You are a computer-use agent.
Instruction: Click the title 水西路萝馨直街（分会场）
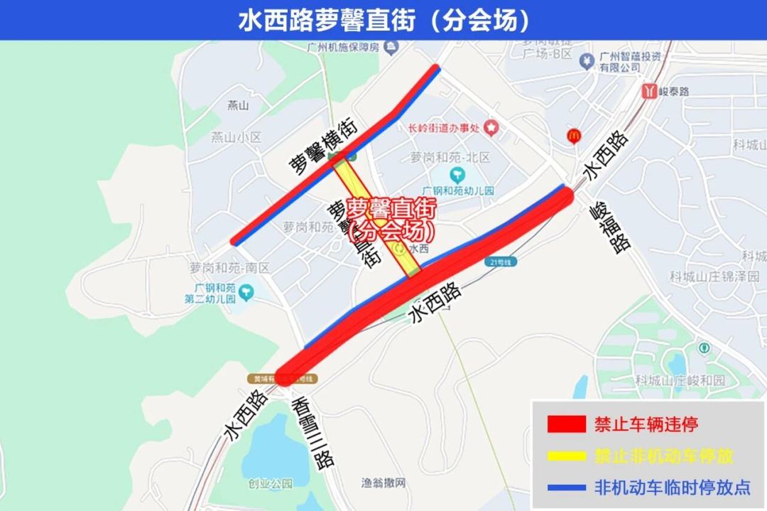click(x=383, y=20)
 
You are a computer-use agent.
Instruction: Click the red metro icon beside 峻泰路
click(x=648, y=91)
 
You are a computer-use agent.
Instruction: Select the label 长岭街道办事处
click(x=440, y=128)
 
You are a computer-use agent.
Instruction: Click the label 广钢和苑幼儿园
click(x=457, y=190)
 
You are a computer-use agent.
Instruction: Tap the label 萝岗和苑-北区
click(x=450, y=157)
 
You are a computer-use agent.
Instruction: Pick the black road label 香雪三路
click(x=313, y=431)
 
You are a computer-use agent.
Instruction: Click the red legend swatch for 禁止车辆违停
click(x=566, y=424)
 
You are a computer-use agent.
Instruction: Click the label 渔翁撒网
click(x=383, y=483)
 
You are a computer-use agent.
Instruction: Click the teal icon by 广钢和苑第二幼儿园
click(x=246, y=291)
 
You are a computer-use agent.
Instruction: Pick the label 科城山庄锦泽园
click(x=714, y=276)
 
